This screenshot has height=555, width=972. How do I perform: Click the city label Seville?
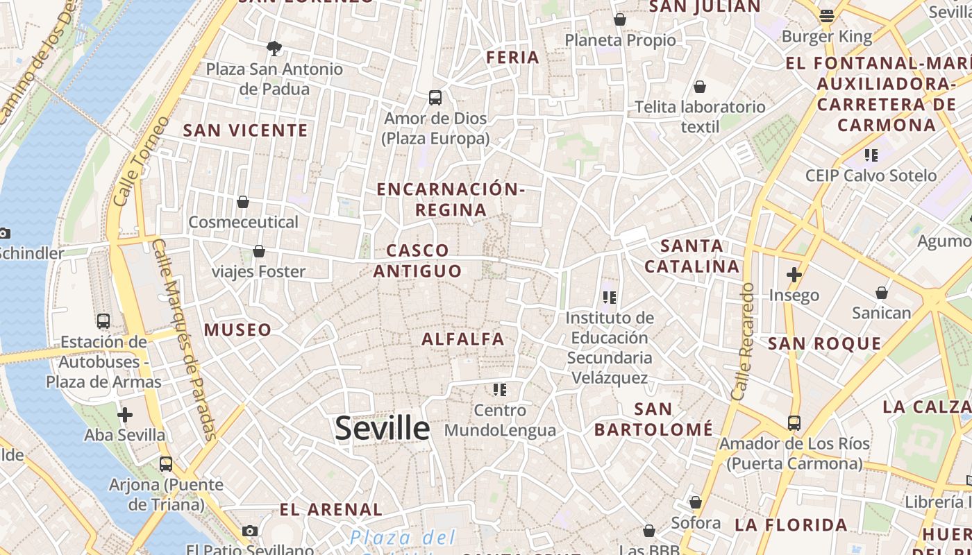click(382, 428)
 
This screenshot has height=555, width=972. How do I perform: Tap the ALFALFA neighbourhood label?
click(463, 339)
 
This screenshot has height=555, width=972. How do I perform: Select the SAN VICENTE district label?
click(245, 130)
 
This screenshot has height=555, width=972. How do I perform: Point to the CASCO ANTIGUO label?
click(418, 260)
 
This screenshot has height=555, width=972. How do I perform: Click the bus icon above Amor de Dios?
click(435, 98)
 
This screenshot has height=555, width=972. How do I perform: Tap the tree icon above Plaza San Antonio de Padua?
click(274, 49)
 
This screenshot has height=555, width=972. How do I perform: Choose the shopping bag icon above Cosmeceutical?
click(243, 202)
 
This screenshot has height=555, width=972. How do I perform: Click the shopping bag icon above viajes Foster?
click(259, 251)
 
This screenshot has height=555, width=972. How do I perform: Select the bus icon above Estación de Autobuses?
click(103, 321)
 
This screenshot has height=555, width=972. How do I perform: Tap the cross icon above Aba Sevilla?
click(125, 415)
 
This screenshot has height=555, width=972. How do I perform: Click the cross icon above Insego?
click(794, 275)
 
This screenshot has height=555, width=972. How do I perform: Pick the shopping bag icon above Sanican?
click(882, 293)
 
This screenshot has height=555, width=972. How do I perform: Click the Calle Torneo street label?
click(140, 161)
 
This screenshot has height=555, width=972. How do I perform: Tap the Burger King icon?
click(826, 15)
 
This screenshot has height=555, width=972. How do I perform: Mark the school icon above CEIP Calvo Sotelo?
click(871, 155)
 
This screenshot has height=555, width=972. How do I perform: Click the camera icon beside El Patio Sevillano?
click(250, 531)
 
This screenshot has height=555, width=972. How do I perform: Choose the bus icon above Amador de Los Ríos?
click(794, 422)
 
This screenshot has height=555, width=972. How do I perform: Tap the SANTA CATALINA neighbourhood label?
click(692, 256)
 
